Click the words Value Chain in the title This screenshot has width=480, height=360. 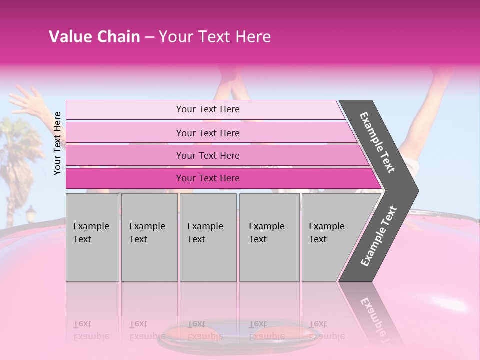tap(94, 37)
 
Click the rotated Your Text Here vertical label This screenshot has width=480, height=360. tap(57, 143)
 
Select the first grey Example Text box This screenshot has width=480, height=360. tap(92, 237)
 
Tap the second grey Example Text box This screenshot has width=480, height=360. tap(149, 237)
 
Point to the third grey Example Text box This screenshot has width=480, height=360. tap(208, 237)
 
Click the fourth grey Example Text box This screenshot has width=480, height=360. tap(269, 237)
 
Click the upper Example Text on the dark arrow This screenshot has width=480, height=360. tap(378, 142)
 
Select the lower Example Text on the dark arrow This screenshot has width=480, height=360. tap(379, 236)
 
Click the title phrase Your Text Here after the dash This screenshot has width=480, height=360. tap(215, 37)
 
